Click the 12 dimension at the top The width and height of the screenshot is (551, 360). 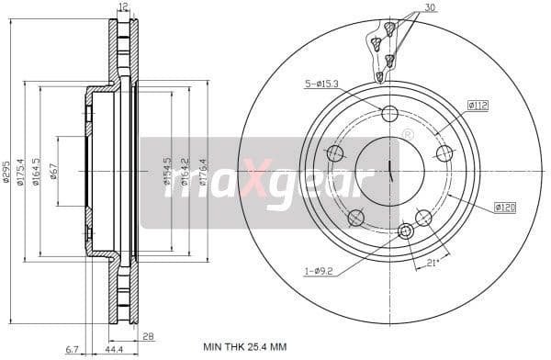124,7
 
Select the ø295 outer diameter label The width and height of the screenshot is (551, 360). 6,173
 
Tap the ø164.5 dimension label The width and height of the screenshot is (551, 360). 36,173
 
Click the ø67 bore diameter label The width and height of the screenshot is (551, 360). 54,173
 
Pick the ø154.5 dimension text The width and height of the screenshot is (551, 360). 167,173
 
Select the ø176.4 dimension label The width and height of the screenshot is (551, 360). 203,173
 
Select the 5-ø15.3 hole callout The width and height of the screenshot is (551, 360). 321,85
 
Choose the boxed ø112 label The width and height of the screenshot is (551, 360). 477,106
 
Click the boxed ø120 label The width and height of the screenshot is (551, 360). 504,208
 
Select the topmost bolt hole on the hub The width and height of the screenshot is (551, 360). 389,114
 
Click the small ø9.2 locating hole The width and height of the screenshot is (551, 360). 406,231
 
